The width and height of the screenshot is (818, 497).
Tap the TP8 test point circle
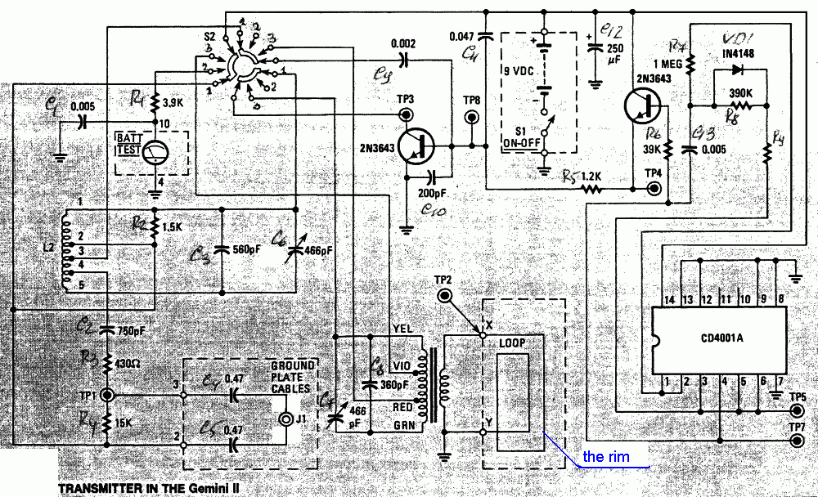(472, 116)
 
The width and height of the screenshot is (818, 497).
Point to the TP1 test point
(107, 394)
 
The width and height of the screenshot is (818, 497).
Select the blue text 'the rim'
(606, 456)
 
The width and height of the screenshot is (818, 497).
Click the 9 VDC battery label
(520, 71)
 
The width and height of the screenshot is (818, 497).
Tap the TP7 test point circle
(797, 442)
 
